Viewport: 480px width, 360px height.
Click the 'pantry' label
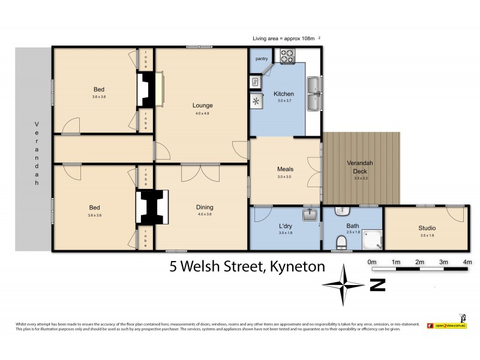point(262,59)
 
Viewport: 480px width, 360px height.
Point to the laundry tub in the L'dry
point(310,214)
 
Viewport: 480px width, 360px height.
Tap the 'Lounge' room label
point(203,106)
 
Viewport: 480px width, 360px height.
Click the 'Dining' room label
point(205,208)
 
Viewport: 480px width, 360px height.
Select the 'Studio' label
point(427,228)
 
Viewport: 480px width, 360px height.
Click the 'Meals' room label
point(285,169)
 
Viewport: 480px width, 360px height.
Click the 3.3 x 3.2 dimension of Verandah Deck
point(361,178)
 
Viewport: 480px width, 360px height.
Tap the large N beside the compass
point(377,286)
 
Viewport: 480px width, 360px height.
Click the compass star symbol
point(344,285)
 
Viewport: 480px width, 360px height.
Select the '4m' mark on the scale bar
point(467,262)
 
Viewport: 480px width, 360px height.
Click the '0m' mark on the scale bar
point(371,262)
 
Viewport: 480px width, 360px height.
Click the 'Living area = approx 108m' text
point(284,38)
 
